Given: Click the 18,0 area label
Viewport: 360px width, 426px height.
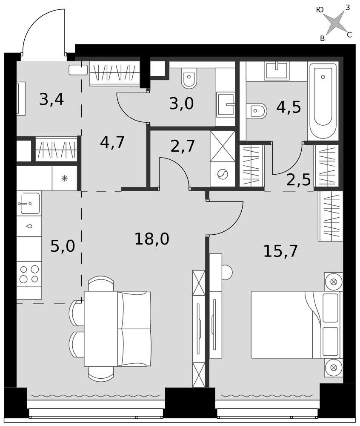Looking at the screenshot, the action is coord(151,239).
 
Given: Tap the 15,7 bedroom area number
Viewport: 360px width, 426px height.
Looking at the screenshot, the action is coord(280,251).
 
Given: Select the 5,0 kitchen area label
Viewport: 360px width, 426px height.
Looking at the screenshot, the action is coord(63,246).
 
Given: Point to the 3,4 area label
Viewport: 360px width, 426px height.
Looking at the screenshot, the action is coord(51,99).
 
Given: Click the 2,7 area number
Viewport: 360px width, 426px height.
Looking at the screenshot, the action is coord(183,146).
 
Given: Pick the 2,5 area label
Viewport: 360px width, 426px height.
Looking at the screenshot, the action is coord(298,180).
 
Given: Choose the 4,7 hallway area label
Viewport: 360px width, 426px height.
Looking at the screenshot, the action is coord(112,142).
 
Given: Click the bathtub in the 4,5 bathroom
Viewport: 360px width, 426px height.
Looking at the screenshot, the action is coord(323,101).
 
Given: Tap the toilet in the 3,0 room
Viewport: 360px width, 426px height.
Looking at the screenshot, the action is coord(189,78).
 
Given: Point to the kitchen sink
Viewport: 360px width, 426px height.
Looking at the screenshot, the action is coord(29,203).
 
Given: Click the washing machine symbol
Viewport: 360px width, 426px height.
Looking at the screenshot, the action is coord(223,174).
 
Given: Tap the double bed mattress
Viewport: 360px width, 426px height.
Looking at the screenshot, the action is coord(282,325).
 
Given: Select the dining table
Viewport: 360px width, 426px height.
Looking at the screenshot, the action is coord(101,329).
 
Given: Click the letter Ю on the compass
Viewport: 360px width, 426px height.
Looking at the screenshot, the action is coord(320,10).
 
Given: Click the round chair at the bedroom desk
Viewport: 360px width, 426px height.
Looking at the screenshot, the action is coord(227,273).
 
